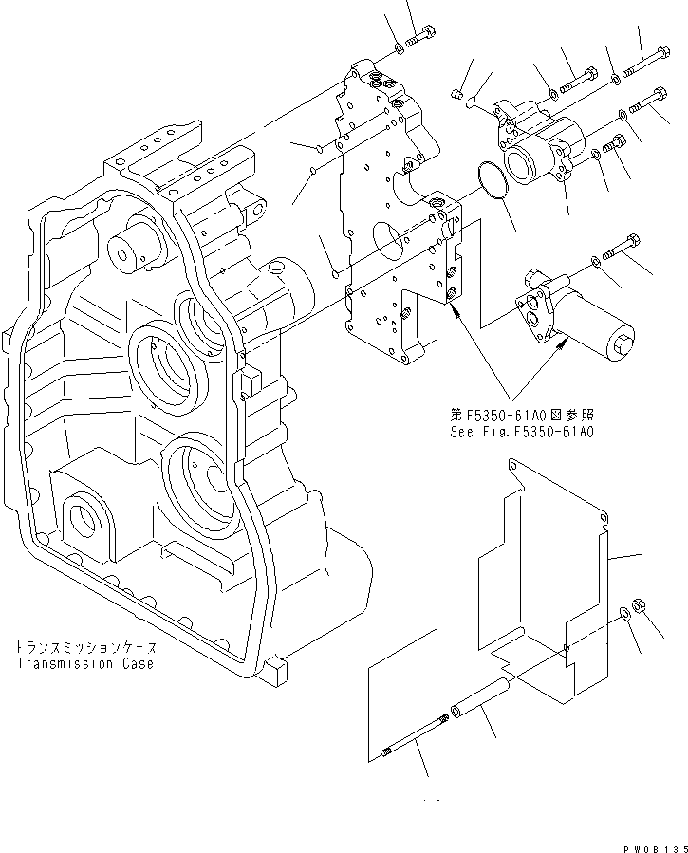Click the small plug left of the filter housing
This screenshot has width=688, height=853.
(457, 93)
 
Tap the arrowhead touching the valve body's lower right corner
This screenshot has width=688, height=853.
(460, 315)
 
